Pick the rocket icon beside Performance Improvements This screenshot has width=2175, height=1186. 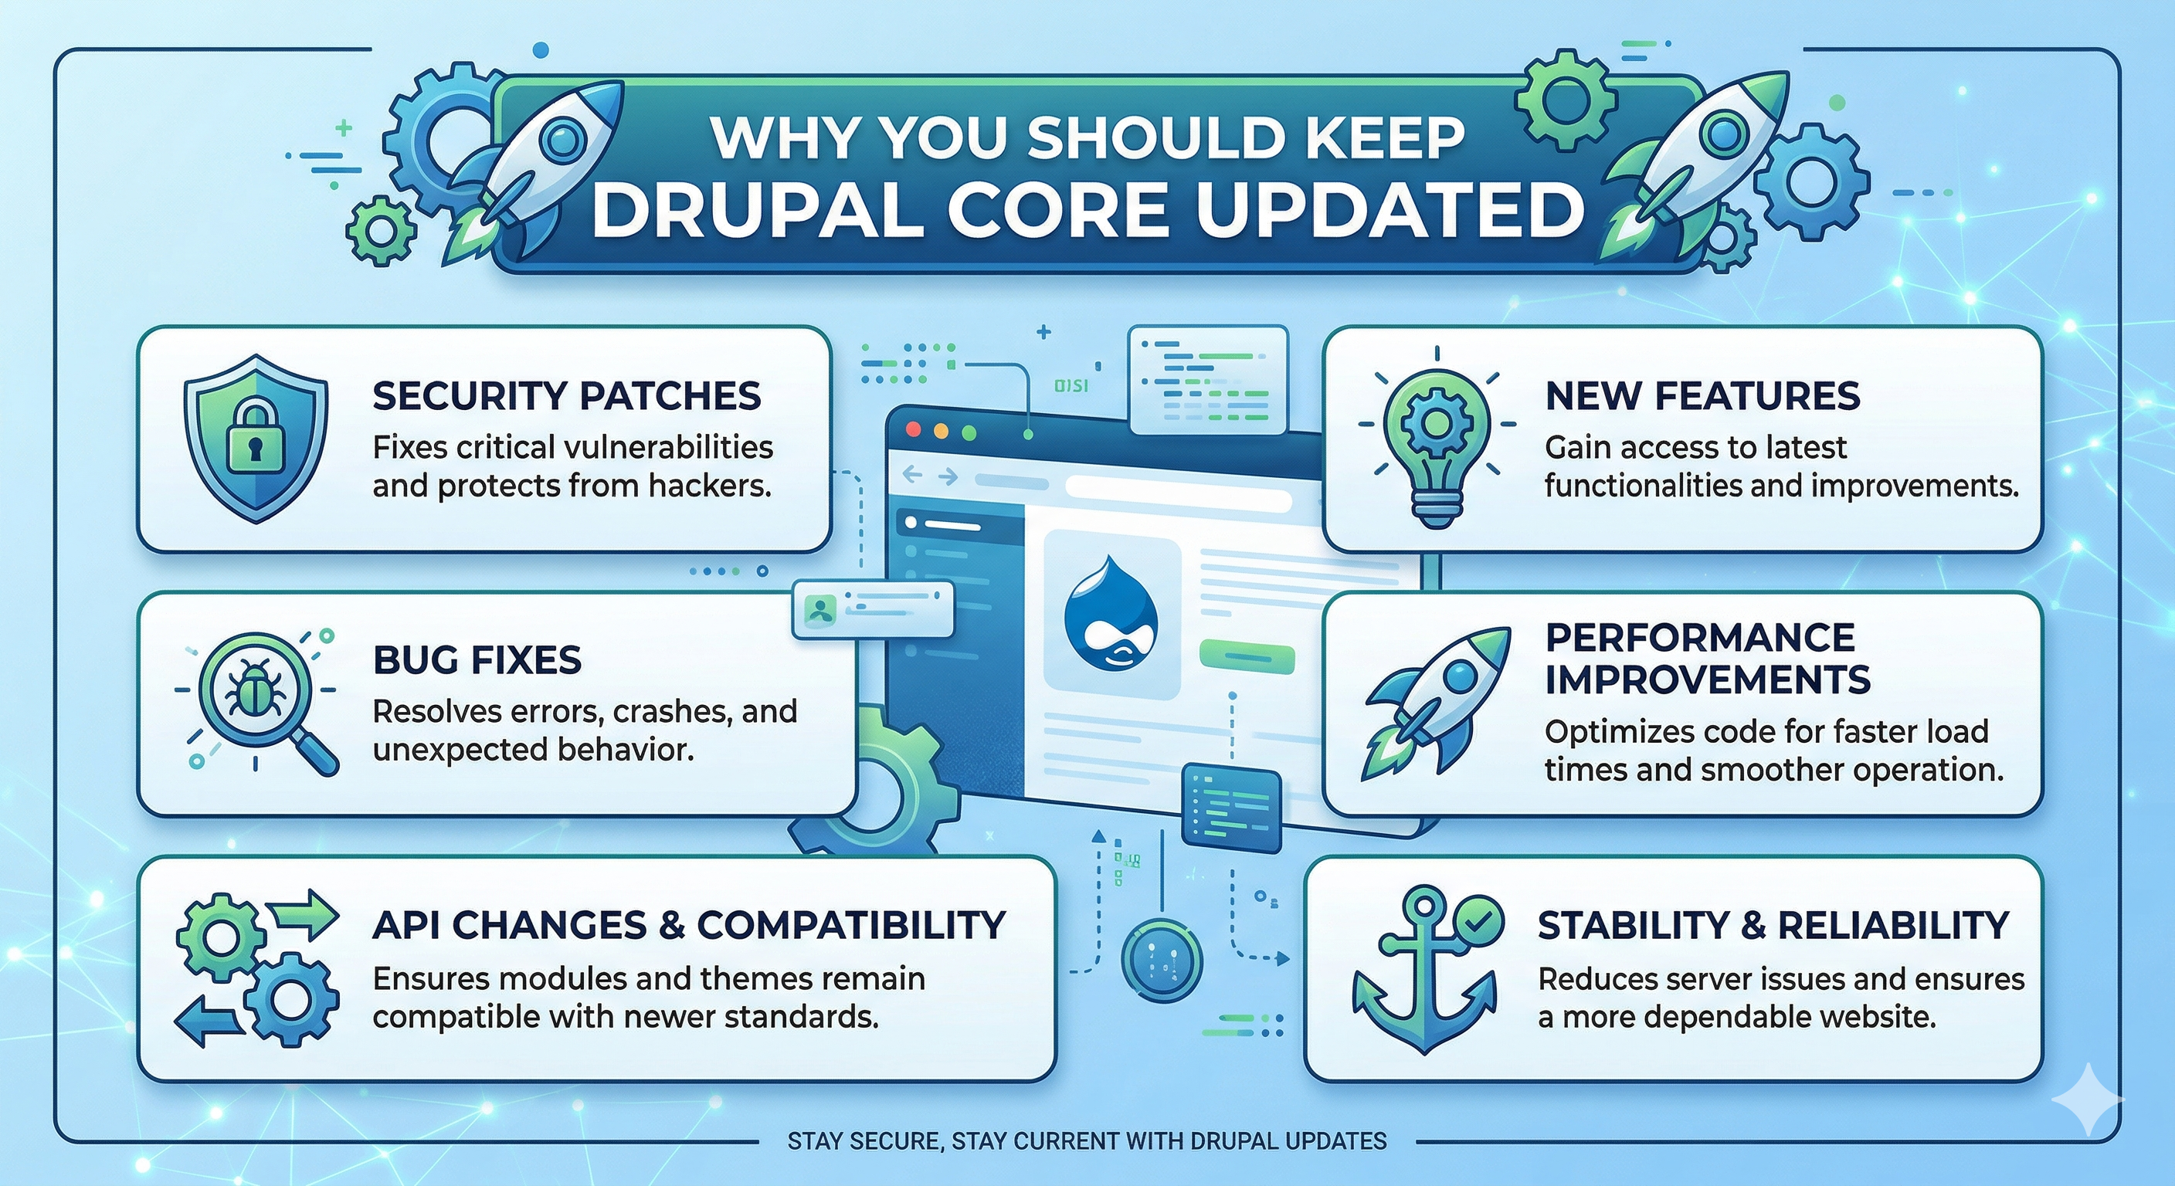(x=1427, y=700)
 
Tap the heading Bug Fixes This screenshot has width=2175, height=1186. (x=477, y=660)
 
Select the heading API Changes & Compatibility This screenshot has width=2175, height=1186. (x=689, y=925)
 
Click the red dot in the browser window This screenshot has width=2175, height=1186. (x=913, y=431)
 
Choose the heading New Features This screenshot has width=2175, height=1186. (x=1703, y=396)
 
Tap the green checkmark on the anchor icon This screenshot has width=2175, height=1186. (x=1479, y=921)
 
